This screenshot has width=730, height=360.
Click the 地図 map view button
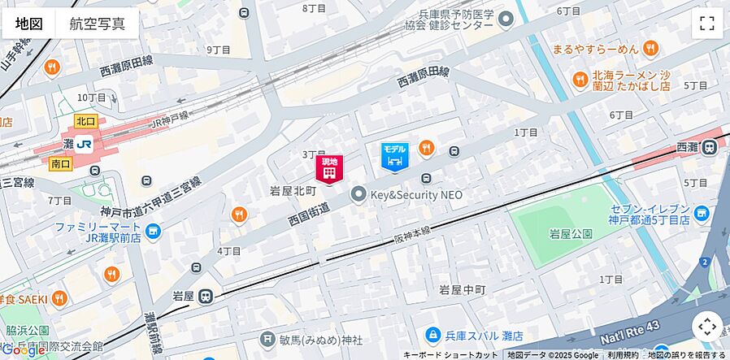click(x=28, y=24)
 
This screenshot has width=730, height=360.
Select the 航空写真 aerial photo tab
click(x=98, y=24)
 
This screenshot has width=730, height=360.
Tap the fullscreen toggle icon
click(x=706, y=24)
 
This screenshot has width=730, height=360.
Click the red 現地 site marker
click(x=329, y=169)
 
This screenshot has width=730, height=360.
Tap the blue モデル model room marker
click(x=394, y=157)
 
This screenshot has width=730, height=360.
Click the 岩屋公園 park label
click(x=571, y=235)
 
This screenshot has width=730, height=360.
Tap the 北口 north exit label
click(x=85, y=121)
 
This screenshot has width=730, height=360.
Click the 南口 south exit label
click(x=60, y=164)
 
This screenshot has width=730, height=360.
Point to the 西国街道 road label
click(x=309, y=215)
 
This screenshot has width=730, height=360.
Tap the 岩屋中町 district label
click(x=462, y=289)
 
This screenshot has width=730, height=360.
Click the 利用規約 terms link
click(x=623, y=355)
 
